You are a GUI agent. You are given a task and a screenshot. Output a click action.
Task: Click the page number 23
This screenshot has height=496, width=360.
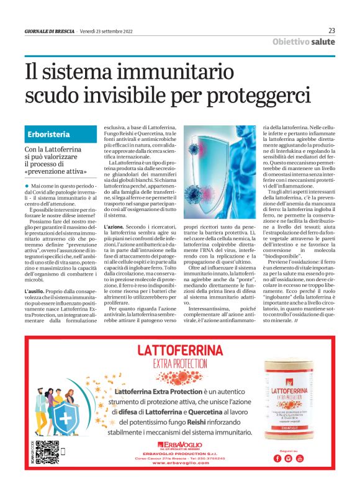331,30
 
